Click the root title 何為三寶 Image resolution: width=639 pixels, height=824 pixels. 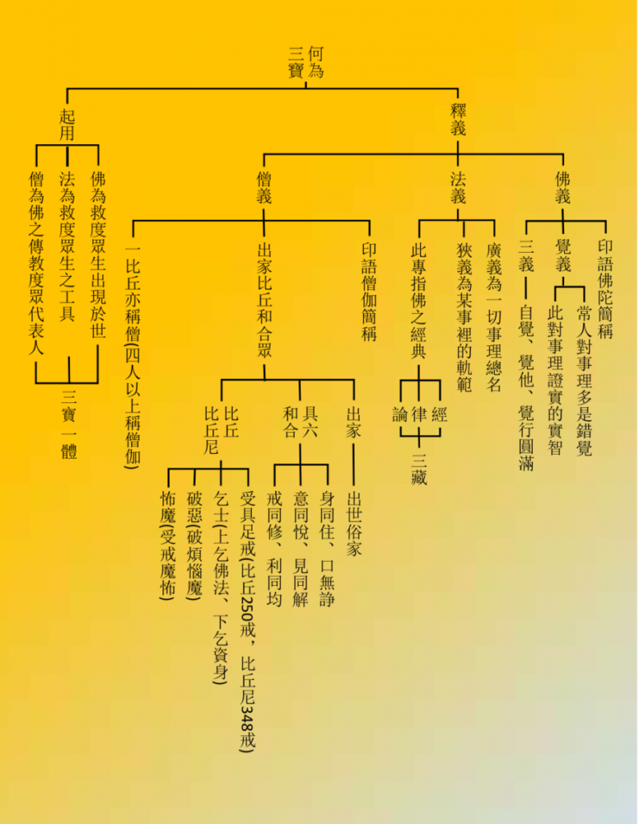coord(306,62)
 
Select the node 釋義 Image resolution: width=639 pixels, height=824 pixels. coord(458,119)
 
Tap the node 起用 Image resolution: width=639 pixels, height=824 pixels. coord(67,125)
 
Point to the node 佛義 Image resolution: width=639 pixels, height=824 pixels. coord(563,187)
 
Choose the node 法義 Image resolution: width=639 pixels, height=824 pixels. coord(458,187)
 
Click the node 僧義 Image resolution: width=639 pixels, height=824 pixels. coord(264,187)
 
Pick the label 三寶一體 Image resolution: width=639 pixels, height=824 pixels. coord(69,423)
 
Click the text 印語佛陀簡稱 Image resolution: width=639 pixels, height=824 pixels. coord(605,290)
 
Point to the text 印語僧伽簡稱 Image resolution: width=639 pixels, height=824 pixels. coord(369,291)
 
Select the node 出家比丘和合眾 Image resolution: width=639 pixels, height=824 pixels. coord(264,300)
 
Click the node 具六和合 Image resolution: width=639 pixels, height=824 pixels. coord(300,422)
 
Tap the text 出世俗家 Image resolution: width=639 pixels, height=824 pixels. coord(353,523)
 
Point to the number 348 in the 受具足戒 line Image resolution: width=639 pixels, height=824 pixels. coord(247,712)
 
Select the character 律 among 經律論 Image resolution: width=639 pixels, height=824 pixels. coord(418,415)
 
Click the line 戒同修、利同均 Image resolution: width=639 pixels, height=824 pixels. coord(274,549)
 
